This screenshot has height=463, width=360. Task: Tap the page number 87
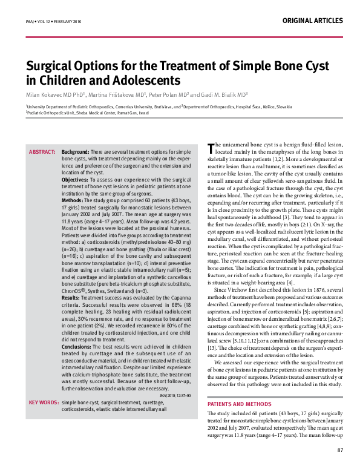[340, 449]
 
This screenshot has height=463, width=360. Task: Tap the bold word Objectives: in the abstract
[76, 180]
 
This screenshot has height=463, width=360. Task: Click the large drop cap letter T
[210, 147]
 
